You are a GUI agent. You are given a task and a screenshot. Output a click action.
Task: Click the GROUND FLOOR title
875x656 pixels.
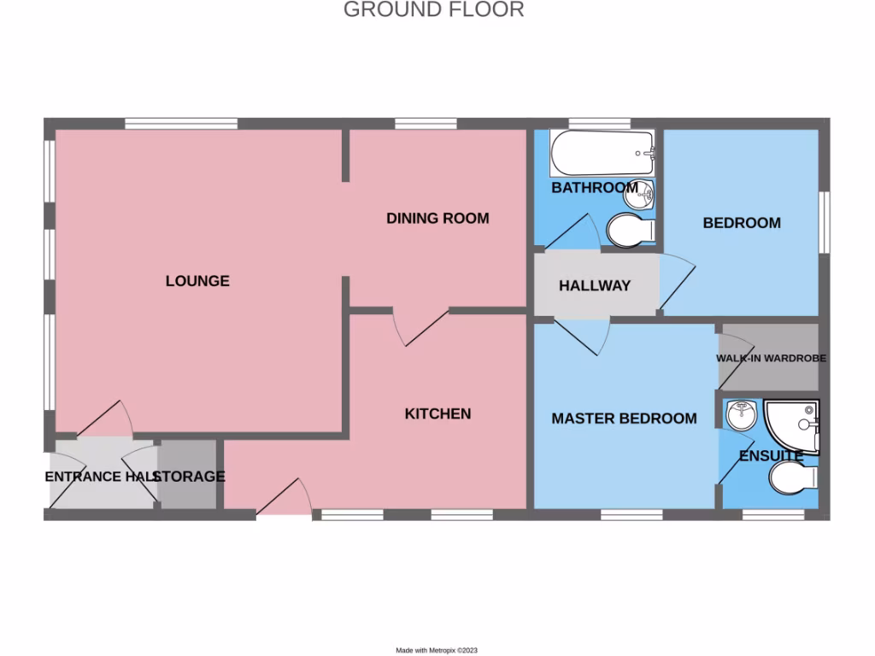(x=433, y=10)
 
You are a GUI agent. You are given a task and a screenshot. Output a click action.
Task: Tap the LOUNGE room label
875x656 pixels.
(x=197, y=280)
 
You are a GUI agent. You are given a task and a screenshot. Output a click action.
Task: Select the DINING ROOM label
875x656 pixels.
(x=437, y=218)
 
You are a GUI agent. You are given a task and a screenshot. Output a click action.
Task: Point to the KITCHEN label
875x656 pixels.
(x=437, y=413)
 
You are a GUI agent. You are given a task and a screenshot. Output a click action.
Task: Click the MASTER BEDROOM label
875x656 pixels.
(x=624, y=419)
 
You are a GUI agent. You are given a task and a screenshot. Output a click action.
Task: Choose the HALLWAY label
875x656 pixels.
(x=595, y=285)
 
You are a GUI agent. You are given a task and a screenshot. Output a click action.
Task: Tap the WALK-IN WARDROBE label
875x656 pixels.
(x=771, y=358)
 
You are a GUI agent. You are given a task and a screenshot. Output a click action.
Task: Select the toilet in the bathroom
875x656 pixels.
(x=629, y=230)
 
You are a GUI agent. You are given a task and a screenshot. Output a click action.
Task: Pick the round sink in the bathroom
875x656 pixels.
(x=638, y=196)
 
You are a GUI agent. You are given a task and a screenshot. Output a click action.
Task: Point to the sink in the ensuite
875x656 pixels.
(x=740, y=416)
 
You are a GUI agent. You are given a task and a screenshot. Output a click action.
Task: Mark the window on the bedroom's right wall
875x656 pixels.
(x=824, y=220)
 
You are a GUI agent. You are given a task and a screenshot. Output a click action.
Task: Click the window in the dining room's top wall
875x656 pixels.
(x=426, y=124)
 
